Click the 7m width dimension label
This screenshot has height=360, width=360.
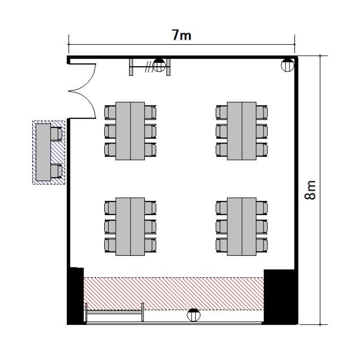pyautogui.click(x=181, y=36)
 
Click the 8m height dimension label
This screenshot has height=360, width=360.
pyautogui.click(x=310, y=190)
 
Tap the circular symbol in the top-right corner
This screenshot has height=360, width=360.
pyautogui.click(x=288, y=65)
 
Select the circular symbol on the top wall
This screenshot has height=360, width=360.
pyautogui.click(x=159, y=65)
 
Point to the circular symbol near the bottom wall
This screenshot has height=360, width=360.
pyautogui.click(x=193, y=315)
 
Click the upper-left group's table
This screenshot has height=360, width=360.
pyautogui.click(x=130, y=131)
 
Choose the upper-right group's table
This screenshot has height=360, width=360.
pyautogui.click(x=242, y=131)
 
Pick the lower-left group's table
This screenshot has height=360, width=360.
pyautogui.click(x=130, y=227)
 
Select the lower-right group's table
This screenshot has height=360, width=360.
pyautogui.click(x=242, y=227)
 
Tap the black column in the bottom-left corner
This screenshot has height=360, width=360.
pyautogui.click(x=75, y=296)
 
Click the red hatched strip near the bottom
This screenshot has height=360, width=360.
pyautogui.click(x=174, y=294)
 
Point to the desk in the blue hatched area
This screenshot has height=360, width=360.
pyautogui.click(x=43, y=152)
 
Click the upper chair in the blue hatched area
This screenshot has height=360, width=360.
pyautogui.click(x=56, y=134)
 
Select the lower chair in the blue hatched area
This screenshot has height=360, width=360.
pyautogui.click(x=56, y=171)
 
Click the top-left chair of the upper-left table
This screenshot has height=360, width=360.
pyautogui.click(x=110, y=112)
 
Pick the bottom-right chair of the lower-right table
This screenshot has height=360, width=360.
pyautogui.click(x=262, y=245)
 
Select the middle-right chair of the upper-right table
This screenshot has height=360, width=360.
pyautogui.click(x=262, y=131)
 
